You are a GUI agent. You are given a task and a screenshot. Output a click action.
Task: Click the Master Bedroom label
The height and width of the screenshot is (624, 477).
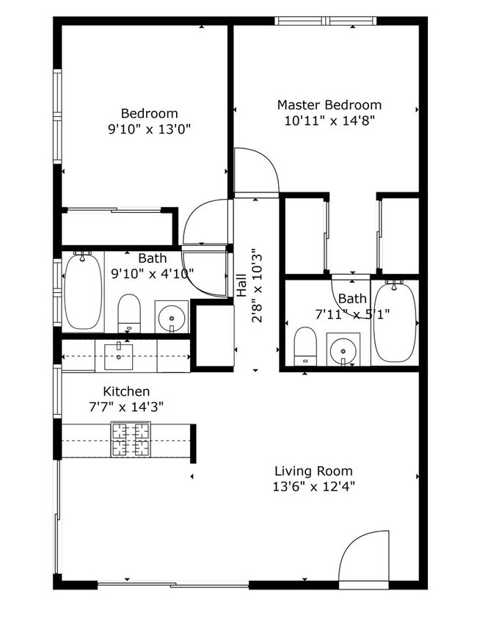tap(329, 105)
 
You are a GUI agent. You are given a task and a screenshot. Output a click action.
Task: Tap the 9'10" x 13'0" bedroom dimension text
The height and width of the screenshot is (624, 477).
tap(149, 129)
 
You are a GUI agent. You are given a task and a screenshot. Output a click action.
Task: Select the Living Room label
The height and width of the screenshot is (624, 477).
tap(313, 471)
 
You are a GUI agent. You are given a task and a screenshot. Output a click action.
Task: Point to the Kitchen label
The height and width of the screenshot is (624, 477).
tap(126, 391)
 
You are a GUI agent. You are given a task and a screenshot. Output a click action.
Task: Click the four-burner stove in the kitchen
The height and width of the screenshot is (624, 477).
tap(131, 439)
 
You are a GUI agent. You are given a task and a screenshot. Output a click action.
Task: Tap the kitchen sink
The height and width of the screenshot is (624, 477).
tap(119, 357)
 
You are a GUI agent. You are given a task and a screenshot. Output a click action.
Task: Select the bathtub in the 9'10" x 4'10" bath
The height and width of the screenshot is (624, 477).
tap(83, 291)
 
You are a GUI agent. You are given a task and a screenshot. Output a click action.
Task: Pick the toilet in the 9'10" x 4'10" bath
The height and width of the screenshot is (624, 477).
tap(129, 313)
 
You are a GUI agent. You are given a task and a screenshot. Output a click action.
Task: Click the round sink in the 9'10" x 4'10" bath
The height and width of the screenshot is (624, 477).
tap(172, 318)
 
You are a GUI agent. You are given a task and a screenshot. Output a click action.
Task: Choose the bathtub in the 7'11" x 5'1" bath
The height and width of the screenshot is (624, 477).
tap(395, 322)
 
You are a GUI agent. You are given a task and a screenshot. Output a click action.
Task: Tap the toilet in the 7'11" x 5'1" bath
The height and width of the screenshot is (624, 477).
tap(305, 346)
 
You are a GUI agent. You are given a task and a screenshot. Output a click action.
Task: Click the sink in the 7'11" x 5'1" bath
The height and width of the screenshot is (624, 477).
tap(343, 351)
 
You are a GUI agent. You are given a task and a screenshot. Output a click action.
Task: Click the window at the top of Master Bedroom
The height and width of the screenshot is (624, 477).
tap(325, 21)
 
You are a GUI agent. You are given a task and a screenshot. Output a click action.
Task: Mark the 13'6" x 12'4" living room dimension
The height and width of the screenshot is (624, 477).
tap(313, 486)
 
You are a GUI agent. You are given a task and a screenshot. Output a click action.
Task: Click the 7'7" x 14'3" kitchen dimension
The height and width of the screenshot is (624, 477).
tap(126, 407)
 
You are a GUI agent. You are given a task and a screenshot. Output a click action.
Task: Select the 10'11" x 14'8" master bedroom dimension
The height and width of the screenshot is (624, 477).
tap(329, 120)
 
